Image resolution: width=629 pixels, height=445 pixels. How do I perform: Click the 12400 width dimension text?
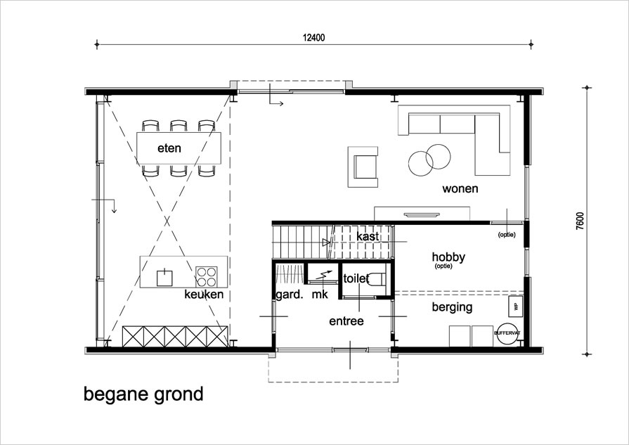(x=313, y=38)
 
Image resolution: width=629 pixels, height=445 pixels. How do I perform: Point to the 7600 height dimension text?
(x=579, y=221)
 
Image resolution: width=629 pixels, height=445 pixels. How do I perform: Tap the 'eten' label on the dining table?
(x=169, y=148)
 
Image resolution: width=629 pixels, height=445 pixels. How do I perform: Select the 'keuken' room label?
(x=204, y=294)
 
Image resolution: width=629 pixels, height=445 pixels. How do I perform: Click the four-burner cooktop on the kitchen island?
(x=206, y=276)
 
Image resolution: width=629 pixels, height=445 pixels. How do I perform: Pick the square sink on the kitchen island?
(x=164, y=278)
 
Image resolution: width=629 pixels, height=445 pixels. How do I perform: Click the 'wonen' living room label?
(x=460, y=188)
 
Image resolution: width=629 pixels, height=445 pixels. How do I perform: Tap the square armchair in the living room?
(x=363, y=167)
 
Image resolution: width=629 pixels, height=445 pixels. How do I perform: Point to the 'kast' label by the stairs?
(x=368, y=237)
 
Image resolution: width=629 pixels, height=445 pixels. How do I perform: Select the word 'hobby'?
(x=448, y=257)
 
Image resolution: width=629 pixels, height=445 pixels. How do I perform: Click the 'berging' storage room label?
(x=452, y=307)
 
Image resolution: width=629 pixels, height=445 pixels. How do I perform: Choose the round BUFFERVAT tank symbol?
(x=507, y=333)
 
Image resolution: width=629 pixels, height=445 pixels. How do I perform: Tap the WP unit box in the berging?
(x=515, y=307)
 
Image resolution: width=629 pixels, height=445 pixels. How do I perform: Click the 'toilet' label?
(x=356, y=278)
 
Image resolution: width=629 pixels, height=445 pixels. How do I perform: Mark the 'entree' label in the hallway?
(x=346, y=321)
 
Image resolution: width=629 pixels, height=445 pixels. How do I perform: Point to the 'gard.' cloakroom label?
(x=290, y=295)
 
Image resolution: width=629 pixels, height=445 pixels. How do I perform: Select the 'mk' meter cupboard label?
(x=320, y=295)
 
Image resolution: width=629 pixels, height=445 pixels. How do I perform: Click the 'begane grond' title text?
(x=143, y=394)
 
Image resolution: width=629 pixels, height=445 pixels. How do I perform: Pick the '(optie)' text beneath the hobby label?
(x=443, y=266)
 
